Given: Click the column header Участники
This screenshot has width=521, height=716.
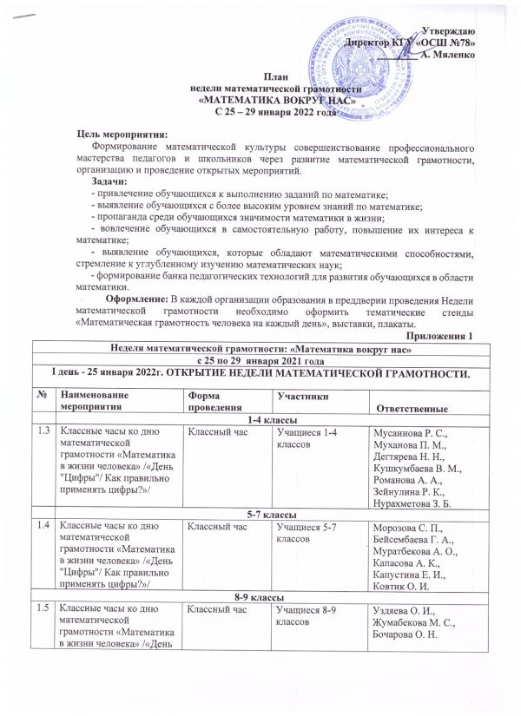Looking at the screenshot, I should pyautogui.click(x=298, y=396).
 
